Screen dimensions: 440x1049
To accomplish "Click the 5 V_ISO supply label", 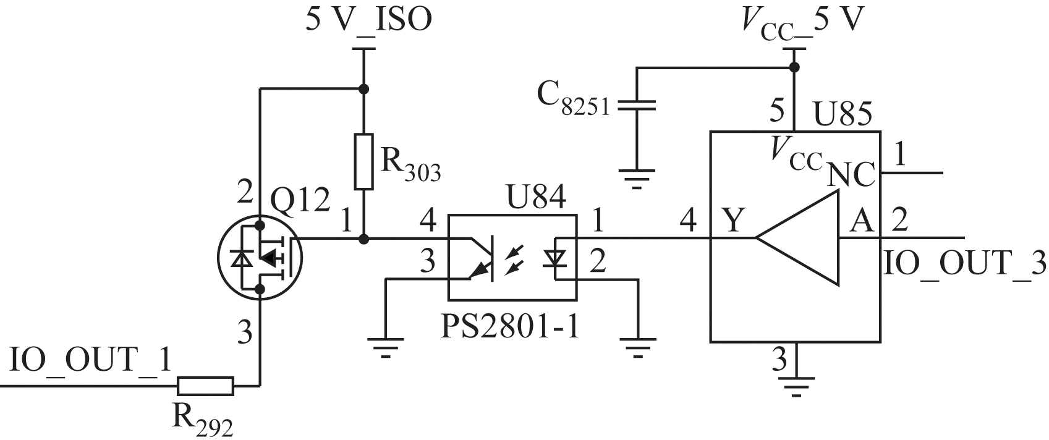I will [369, 20].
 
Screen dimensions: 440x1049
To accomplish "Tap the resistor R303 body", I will [364, 161].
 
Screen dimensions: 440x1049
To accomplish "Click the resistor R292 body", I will [206, 386].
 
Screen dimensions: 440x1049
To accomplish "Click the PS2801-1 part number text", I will [511, 327].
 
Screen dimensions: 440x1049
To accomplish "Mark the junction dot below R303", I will [364, 239].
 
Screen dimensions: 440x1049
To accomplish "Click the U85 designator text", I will [842, 114].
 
